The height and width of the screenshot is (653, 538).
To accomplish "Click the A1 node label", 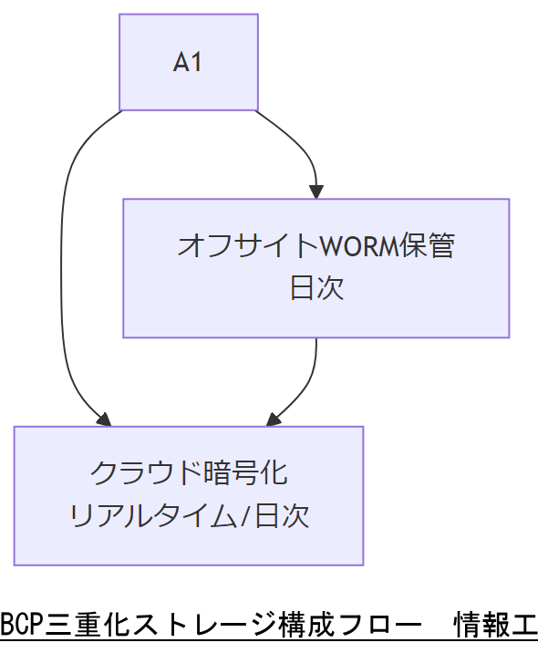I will (x=188, y=63).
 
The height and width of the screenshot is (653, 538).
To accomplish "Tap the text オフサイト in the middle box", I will (x=246, y=245).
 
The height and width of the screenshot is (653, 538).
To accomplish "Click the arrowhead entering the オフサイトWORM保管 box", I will (x=316, y=192).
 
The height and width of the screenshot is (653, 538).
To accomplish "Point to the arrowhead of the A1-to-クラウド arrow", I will (x=104, y=420).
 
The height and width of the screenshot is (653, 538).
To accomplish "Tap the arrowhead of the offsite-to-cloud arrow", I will (x=272, y=420).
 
